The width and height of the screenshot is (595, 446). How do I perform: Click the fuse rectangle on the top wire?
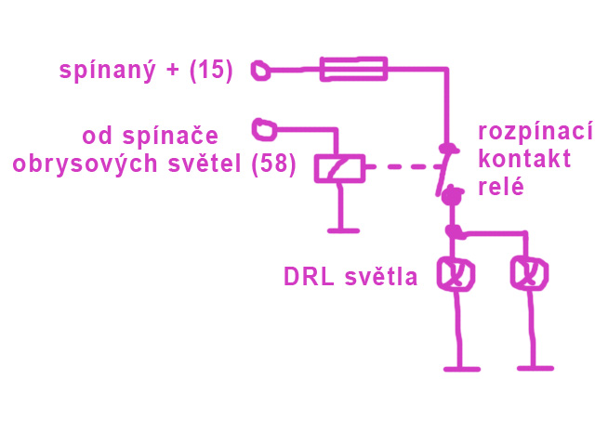coord(352,68)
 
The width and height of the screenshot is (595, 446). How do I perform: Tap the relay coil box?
coord(339,167)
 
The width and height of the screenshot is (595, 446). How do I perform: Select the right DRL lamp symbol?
coord(529,274)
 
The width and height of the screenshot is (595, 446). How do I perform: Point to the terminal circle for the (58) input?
coord(264,125)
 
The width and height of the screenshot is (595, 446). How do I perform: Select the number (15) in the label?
coord(210,70)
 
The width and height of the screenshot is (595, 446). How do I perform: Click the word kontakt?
coord(524,159)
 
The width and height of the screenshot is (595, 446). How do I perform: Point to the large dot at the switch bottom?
coord(452,196)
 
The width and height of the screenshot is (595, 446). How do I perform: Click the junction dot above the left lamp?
coord(453,230)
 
